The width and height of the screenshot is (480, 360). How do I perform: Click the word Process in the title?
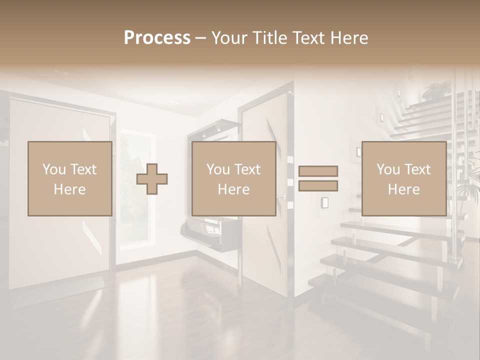[157, 38]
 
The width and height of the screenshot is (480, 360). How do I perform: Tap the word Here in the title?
[347, 38]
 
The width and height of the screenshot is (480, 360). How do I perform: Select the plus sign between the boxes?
[152, 179]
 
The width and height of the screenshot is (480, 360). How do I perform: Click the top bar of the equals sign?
[318, 171]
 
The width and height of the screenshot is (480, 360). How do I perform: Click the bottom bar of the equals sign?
[318, 185]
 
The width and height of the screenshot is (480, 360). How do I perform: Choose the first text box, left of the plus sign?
[69, 178]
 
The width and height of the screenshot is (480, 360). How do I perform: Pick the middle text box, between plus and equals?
[233, 178]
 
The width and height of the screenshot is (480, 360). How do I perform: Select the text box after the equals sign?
[403, 178]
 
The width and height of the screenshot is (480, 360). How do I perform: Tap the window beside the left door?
[135, 190]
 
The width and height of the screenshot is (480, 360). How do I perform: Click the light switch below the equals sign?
[324, 202]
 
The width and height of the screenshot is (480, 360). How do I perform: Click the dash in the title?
[201, 38]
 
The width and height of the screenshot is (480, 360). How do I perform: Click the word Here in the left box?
[69, 189]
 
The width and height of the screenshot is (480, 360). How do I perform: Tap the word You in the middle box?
[218, 169]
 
